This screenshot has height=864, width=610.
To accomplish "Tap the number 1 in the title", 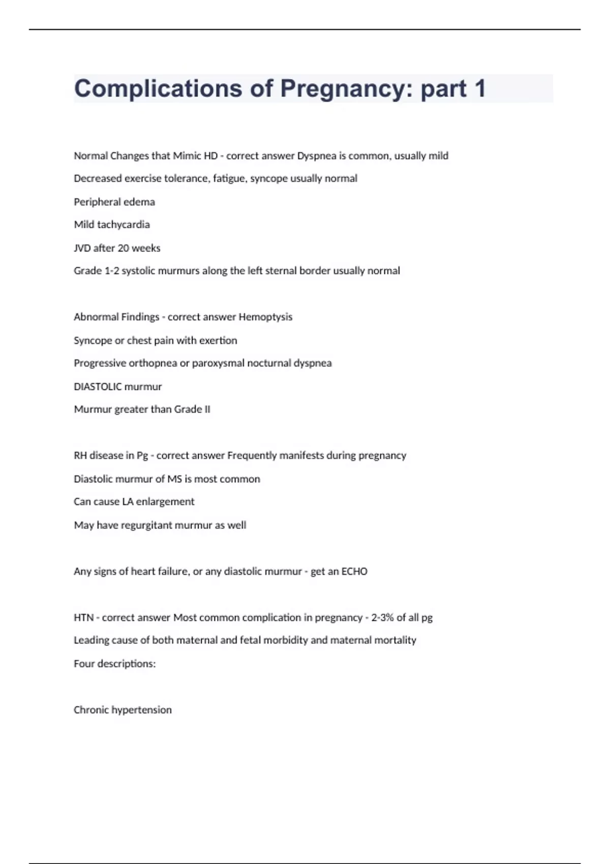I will (479, 88).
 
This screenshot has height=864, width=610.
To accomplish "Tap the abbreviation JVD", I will (82, 248).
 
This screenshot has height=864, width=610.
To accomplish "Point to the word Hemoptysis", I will (265, 317).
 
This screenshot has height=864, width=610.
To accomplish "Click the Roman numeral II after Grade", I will (207, 410).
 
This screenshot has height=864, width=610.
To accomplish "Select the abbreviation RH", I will (80, 455).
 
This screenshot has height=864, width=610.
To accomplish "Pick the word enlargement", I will (165, 502).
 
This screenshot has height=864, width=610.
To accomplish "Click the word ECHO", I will (354, 571).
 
